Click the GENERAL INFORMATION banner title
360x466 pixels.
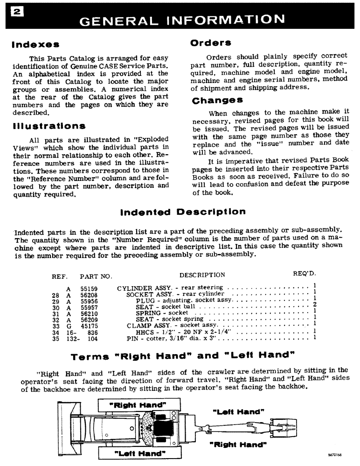[x=181, y=20]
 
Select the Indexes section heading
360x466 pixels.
[x=35, y=45]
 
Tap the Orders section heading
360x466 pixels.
[x=211, y=42]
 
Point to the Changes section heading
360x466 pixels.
[x=217, y=100]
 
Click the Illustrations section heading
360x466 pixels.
[x=48, y=126]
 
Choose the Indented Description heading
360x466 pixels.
[x=183, y=212]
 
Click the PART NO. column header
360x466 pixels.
[x=96, y=276]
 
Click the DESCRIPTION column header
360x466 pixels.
[x=202, y=275]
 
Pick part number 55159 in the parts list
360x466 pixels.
[x=89, y=289]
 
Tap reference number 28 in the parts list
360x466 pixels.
[x=56, y=295]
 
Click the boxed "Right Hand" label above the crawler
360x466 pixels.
[x=138, y=404]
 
